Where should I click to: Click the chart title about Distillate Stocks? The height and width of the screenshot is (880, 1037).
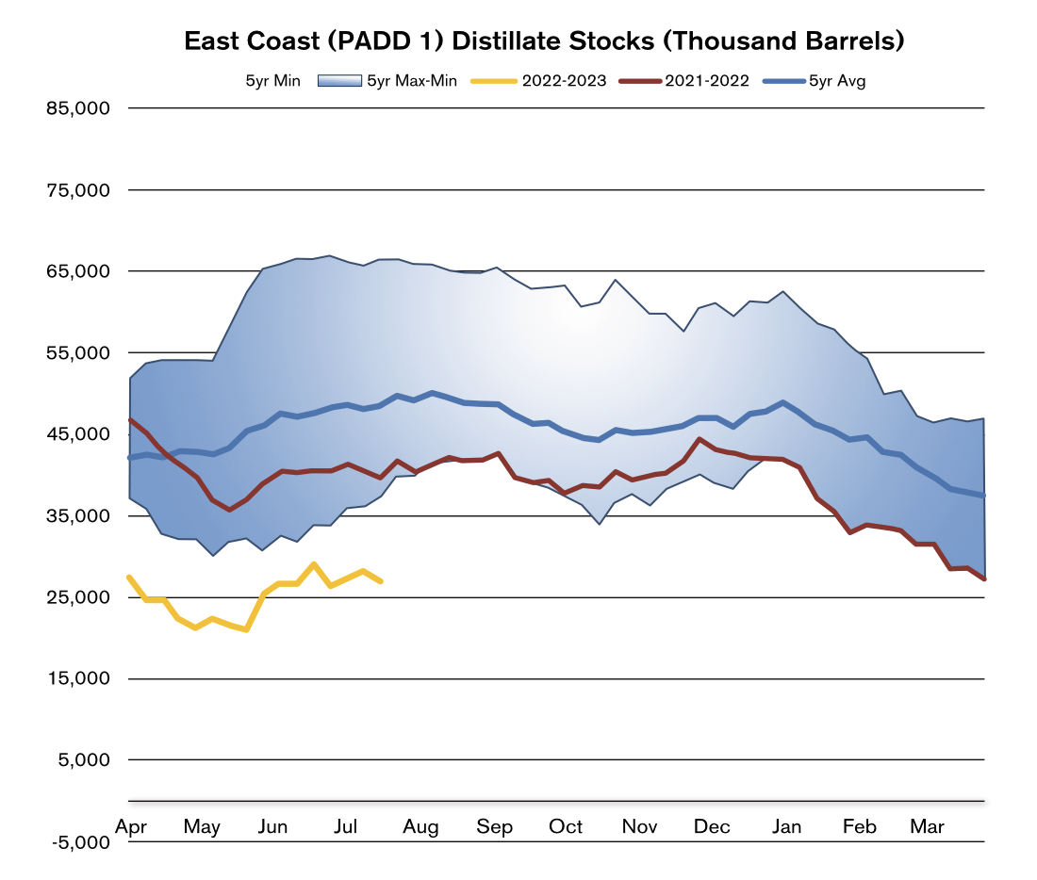(545, 41)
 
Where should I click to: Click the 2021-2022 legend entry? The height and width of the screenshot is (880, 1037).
(706, 81)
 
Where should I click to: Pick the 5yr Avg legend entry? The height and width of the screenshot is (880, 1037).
(836, 81)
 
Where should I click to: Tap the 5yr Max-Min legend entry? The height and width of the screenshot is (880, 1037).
(411, 81)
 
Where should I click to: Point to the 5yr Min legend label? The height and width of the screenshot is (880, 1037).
(272, 81)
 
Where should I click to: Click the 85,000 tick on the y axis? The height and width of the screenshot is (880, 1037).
(78, 108)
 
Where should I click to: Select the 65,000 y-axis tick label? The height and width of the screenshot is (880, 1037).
(78, 271)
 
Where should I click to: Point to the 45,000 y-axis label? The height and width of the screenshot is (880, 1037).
(78, 434)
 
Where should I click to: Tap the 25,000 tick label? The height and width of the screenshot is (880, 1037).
(78, 597)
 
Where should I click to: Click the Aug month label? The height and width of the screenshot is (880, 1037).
(420, 827)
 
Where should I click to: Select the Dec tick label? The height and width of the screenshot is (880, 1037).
(712, 826)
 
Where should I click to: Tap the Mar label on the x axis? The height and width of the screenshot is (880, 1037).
(927, 826)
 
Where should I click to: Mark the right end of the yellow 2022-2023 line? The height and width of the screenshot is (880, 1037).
(380, 581)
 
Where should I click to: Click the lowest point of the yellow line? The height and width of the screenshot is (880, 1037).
(246, 629)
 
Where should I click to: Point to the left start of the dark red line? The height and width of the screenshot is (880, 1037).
(130, 420)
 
